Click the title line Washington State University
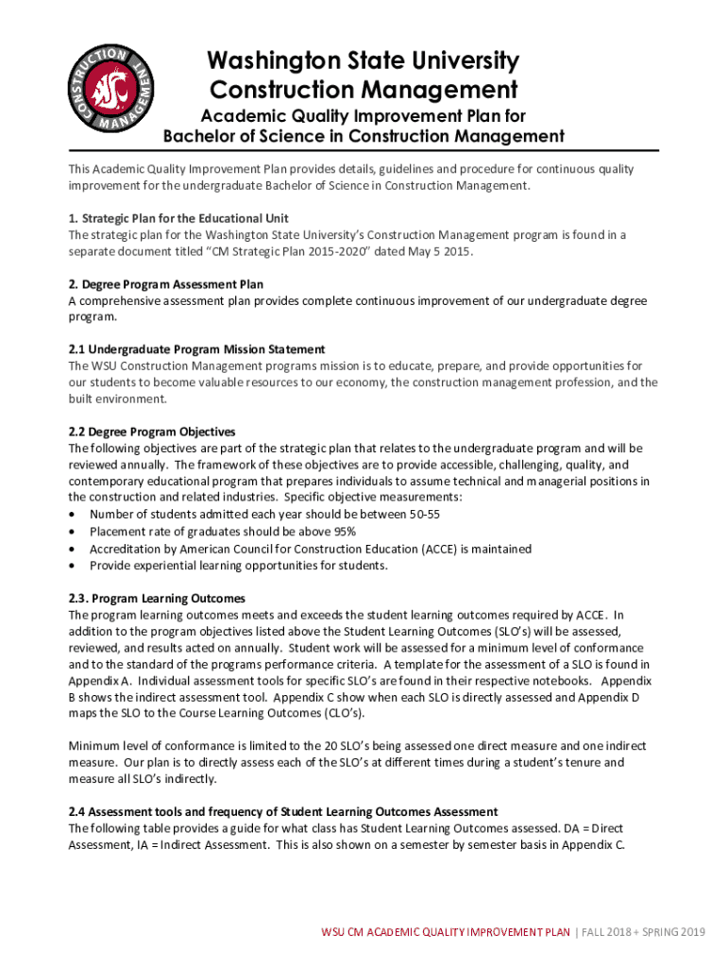[363, 62]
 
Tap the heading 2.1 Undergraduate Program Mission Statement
[196, 349]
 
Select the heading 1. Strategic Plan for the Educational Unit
[185, 218]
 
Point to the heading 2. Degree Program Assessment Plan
[165, 284]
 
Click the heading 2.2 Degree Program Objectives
[152, 432]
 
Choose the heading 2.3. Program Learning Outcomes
[157, 599]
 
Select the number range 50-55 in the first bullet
[423, 515]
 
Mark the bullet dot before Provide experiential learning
[73, 566]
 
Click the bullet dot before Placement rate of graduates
[73, 532]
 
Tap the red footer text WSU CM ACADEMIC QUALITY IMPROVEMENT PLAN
[446, 933]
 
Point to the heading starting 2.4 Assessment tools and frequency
[282, 812]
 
